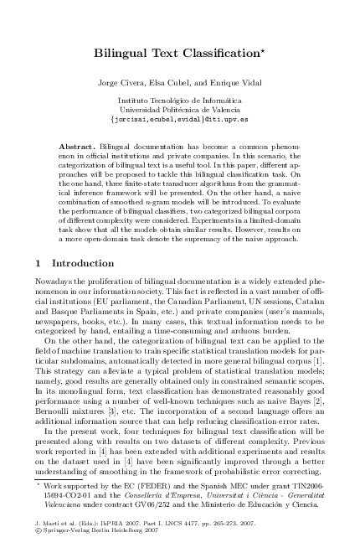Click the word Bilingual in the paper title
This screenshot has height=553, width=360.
point(121,53)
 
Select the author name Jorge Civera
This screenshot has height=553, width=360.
point(120,83)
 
